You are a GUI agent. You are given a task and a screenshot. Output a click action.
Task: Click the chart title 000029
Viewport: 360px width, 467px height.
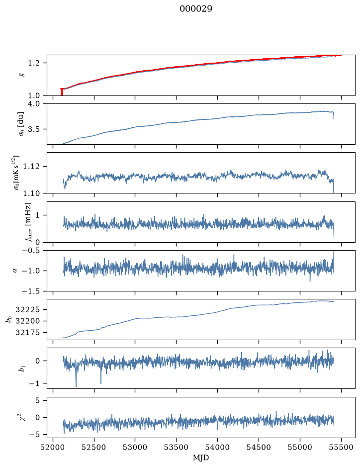[196, 8]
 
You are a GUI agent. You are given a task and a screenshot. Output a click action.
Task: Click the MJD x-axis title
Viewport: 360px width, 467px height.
[201, 458]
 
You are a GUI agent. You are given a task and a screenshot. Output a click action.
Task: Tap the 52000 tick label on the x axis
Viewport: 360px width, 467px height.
[53, 447]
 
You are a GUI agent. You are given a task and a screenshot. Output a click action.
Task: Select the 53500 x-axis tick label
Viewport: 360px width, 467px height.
[177, 447]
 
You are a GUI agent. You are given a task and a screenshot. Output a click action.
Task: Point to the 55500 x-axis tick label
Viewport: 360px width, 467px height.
[341, 447]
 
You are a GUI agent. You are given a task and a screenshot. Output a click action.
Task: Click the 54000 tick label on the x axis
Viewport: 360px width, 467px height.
[217, 447]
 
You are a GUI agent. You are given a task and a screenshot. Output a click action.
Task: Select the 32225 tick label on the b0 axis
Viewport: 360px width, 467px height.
[27, 310]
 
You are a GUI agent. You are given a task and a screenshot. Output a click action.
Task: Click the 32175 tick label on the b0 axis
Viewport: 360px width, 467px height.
[27, 333]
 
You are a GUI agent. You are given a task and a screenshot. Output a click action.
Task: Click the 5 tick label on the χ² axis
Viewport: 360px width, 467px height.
[37, 400]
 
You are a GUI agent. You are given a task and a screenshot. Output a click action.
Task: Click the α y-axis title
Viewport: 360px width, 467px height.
[15, 271]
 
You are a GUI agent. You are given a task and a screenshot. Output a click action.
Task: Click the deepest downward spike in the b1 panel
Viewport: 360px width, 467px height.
[76, 386]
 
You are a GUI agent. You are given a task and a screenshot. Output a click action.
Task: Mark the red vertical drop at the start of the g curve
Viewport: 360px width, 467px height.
[62, 92]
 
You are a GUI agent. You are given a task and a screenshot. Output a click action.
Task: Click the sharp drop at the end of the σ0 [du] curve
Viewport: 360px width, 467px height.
[334, 115]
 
